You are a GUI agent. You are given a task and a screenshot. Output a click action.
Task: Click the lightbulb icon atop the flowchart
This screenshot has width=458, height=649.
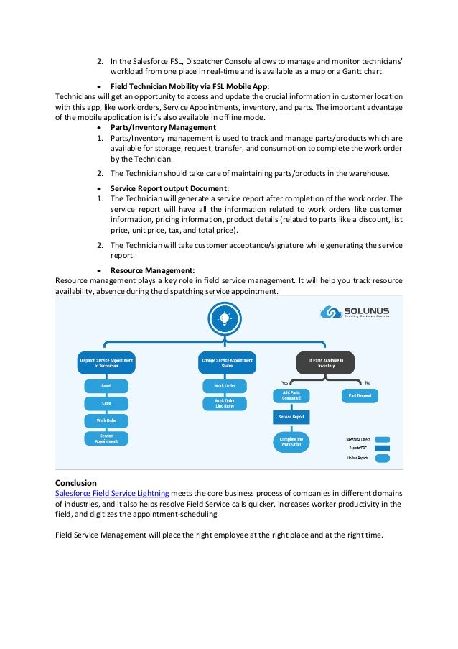point(224,318)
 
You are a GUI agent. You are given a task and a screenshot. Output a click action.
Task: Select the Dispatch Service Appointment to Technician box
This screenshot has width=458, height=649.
point(106,362)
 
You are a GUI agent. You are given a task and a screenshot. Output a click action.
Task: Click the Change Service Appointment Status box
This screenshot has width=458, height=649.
point(227,362)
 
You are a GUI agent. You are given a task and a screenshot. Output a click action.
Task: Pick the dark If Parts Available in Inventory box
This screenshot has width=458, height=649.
point(325,362)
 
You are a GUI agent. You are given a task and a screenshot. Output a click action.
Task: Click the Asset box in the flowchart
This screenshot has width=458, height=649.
point(106,386)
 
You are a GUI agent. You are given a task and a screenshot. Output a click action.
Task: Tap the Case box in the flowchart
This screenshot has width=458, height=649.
point(106,403)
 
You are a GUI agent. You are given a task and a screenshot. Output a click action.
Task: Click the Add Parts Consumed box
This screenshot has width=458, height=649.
point(291,395)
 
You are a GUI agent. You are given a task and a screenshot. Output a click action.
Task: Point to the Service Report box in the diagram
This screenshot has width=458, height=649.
point(291,417)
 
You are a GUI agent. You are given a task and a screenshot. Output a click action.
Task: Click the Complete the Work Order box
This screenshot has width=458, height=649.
point(291,441)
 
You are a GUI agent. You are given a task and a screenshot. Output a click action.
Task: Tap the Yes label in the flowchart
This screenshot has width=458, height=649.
point(284,382)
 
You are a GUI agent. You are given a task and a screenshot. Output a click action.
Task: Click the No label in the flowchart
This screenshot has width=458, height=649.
point(368,382)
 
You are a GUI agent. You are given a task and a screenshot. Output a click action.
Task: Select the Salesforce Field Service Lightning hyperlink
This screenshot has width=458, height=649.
point(112,493)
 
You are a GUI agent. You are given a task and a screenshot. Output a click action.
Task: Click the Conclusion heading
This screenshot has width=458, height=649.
point(76,482)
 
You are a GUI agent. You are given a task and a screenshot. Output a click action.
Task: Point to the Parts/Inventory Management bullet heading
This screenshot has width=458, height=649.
point(163,127)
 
